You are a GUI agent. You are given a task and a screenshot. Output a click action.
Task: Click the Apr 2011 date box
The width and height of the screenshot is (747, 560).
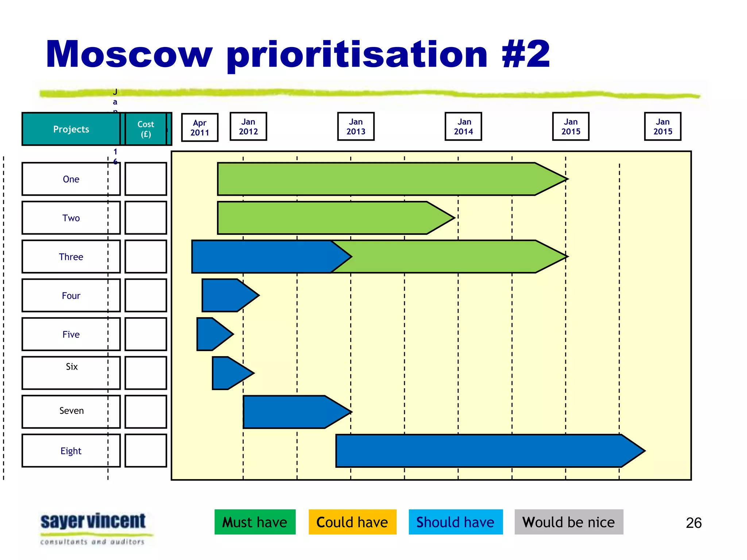(x=200, y=128)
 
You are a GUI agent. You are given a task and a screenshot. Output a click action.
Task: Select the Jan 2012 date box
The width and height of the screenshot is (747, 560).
(x=248, y=127)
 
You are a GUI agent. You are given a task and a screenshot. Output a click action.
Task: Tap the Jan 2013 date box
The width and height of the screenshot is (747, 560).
(x=356, y=127)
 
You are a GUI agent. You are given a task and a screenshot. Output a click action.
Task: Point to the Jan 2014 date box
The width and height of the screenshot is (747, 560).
(x=463, y=127)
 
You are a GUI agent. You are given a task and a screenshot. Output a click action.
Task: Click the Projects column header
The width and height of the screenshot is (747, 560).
(x=71, y=129)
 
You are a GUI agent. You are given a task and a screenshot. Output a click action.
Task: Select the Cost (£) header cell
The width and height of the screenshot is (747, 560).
(x=146, y=129)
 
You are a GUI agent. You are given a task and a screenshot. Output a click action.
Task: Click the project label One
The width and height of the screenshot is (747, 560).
(x=71, y=179)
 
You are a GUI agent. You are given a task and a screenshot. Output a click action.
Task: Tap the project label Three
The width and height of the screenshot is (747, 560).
(x=71, y=257)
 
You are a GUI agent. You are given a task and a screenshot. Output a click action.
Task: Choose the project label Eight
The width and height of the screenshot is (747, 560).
(x=71, y=451)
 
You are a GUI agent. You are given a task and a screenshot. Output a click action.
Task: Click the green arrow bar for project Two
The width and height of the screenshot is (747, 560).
(x=328, y=218)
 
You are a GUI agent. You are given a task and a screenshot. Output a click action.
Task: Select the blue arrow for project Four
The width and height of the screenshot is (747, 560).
(x=226, y=295)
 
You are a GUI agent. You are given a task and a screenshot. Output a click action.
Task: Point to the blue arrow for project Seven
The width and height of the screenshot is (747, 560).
(x=292, y=412)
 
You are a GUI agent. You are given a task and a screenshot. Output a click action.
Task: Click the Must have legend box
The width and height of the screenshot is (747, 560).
(x=255, y=522)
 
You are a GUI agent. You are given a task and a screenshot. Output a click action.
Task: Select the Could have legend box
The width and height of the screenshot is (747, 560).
(x=352, y=522)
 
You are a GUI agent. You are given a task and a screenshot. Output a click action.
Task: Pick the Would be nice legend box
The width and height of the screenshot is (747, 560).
(x=569, y=522)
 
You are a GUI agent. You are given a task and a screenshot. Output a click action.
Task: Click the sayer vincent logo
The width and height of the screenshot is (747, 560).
(x=93, y=528)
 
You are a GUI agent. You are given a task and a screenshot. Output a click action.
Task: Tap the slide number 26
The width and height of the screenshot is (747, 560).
(x=693, y=523)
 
